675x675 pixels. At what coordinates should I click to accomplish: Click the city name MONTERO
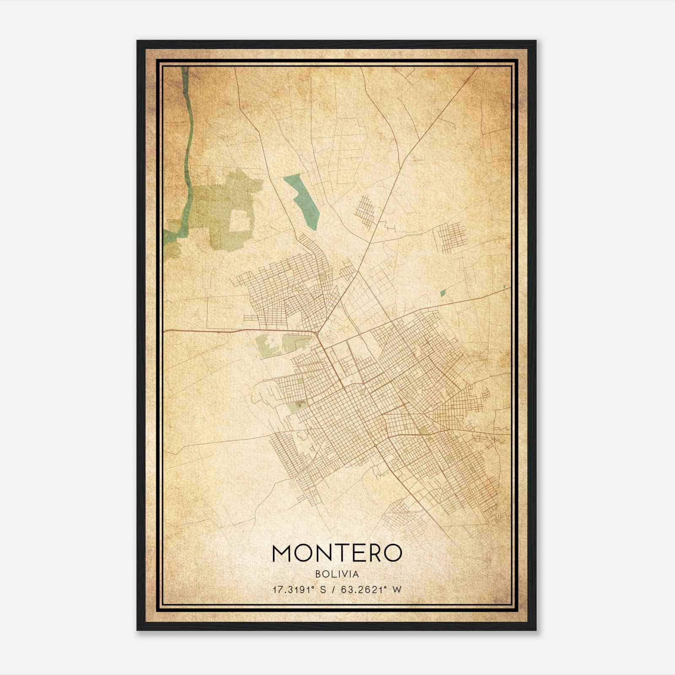tap(337, 553)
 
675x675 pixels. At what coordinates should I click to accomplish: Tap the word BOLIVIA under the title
tap(337, 574)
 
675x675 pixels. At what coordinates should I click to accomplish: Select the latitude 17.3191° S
tap(299, 589)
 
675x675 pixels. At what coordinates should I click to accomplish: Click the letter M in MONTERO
tap(283, 553)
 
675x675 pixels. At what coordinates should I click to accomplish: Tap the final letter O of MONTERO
tap(391, 553)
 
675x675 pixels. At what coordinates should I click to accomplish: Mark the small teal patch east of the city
tap(443, 292)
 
